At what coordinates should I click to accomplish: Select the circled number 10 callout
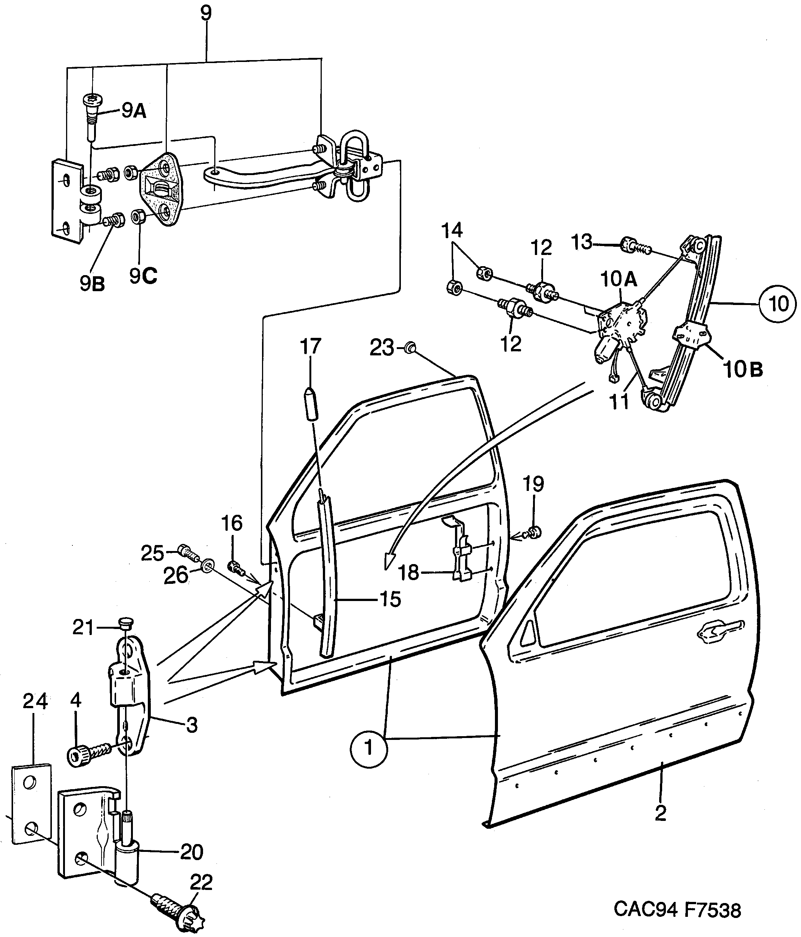click(x=777, y=304)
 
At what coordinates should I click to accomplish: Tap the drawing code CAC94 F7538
click(x=677, y=910)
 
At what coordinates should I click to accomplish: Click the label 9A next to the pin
click(x=133, y=110)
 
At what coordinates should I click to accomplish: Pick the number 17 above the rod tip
click(x=310, y=346)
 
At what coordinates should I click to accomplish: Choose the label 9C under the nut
click(x=143, y=276)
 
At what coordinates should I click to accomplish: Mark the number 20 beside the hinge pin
click(x=191, y=852)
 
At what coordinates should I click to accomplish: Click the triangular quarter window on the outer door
click(x=529, y=633)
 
